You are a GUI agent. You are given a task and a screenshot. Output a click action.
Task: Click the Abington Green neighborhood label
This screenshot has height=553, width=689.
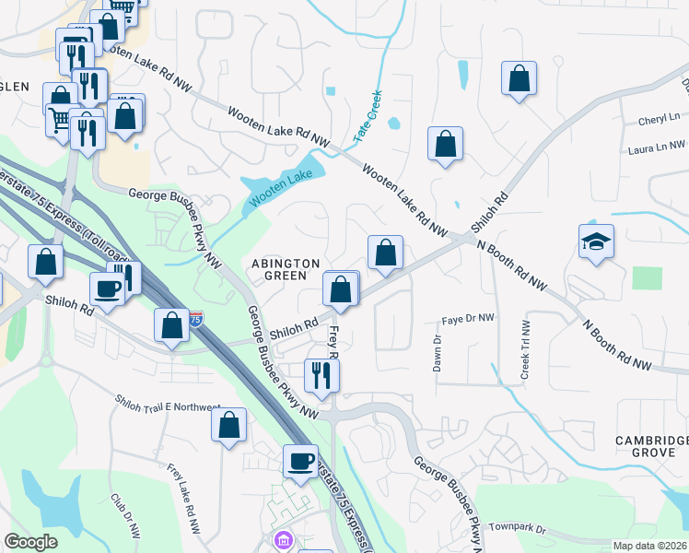286,269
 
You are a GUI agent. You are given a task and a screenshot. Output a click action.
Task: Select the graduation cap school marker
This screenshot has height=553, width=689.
596,242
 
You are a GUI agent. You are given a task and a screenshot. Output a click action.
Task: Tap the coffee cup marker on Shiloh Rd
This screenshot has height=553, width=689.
107,288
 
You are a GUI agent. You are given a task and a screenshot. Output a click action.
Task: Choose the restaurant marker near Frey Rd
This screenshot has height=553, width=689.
321,374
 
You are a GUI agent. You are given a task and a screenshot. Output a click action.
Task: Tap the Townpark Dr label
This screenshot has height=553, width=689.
517,530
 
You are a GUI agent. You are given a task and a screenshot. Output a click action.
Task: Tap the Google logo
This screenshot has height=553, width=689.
30,542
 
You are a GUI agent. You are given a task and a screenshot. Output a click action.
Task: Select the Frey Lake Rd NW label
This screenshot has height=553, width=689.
182,498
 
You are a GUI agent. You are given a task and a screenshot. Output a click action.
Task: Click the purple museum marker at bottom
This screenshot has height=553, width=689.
283,539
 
